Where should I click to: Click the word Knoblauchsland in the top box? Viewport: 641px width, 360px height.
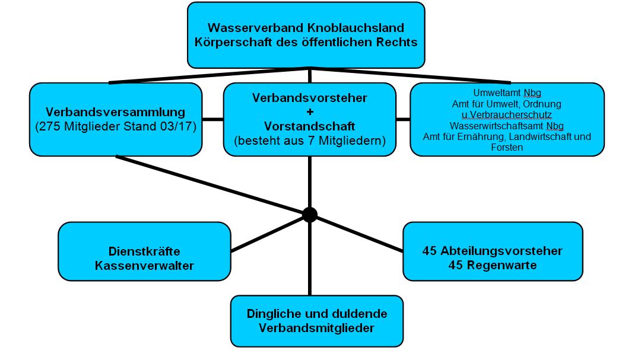click(356, 28)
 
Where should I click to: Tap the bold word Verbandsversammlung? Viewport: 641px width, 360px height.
click(115, 112)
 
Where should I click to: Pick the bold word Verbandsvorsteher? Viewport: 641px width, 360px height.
click(309, 98)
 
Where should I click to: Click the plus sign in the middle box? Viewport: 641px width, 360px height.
click(309, 112)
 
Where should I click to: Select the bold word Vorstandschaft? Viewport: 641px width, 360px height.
click(309, 126)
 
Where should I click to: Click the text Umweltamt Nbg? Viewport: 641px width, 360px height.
click(507, 93)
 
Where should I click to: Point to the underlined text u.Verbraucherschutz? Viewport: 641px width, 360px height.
click(507, 115)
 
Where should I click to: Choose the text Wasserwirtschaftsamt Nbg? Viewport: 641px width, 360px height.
click(507, 126)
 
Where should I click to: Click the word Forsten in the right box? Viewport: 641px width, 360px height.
click(507, 148)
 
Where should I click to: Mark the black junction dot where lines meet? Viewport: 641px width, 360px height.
click(310, 215)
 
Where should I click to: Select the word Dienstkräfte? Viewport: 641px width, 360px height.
click(144, 251)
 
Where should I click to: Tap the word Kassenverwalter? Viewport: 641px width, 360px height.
click(144, 266)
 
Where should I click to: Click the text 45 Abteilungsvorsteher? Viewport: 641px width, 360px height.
click(492, 251)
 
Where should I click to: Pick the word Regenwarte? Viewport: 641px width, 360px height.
click(502, 265)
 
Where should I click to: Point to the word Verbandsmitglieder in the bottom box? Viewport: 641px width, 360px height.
click(316, 328)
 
